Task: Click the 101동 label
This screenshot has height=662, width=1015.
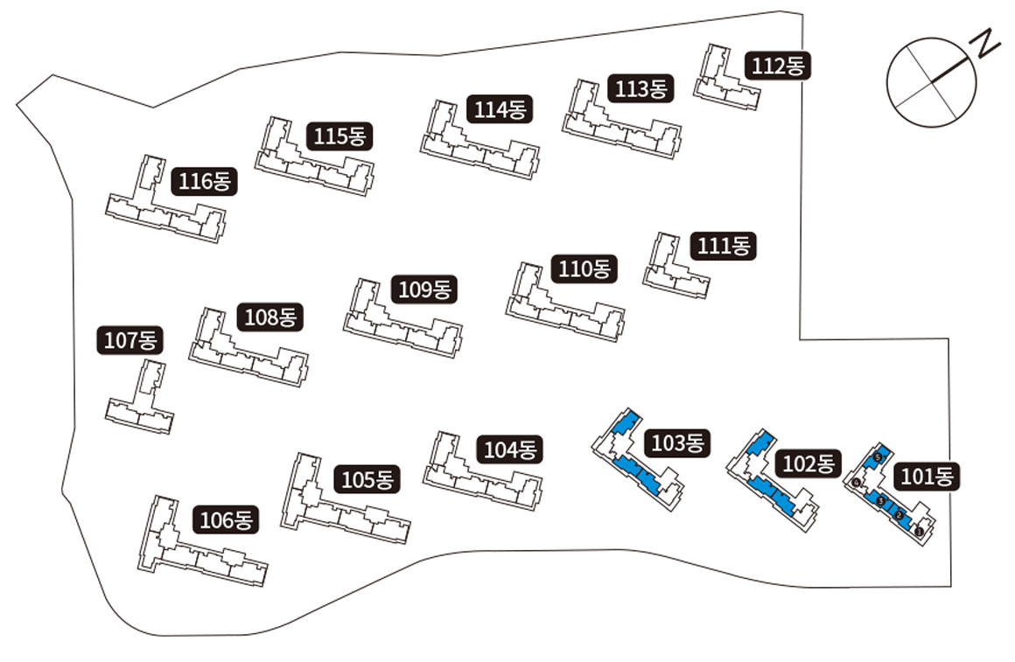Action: point(930,477)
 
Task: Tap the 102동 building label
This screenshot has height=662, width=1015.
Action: point(810,463)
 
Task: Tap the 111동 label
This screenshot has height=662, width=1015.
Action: point(724,247)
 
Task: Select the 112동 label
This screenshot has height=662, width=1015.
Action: point(778,66)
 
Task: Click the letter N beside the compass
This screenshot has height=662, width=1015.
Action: point(987,44)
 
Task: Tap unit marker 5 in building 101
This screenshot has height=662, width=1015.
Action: point(877,458)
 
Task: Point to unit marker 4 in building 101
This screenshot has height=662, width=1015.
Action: point(857,483)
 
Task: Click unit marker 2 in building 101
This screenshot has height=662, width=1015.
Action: point(899,515)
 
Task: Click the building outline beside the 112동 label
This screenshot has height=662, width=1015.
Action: point(723,81)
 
